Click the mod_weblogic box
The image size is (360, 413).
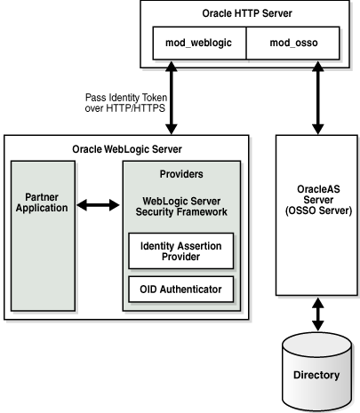tap(193, 43)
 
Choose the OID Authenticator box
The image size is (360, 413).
tap(180, 289)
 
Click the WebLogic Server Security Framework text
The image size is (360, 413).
tap(181, 206)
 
